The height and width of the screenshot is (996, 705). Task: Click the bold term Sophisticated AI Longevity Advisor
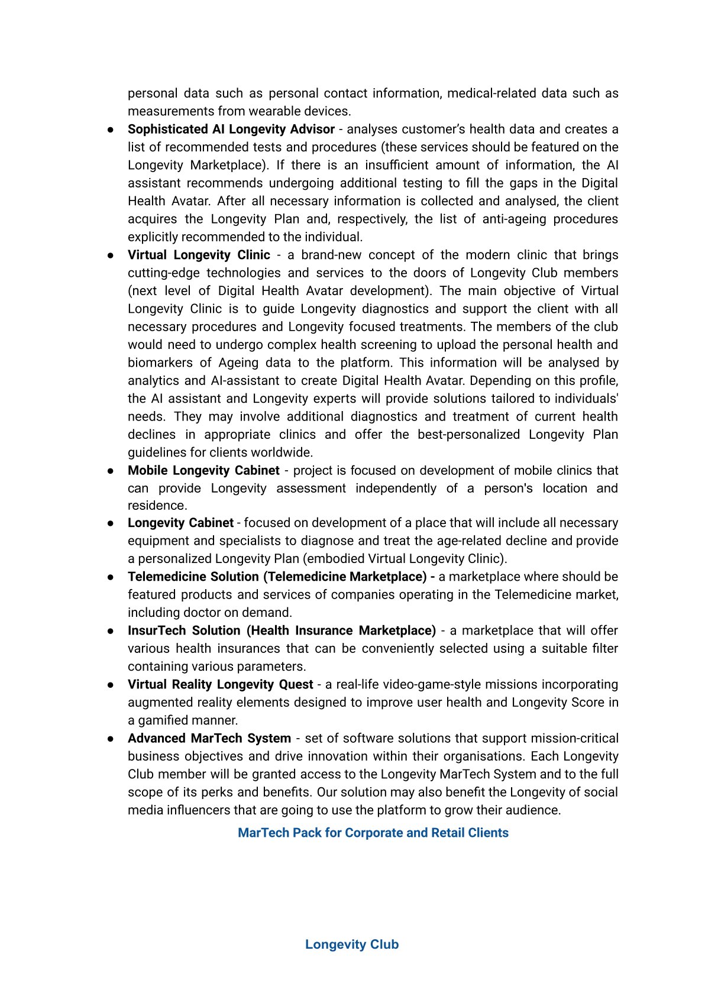(x=231, y=130)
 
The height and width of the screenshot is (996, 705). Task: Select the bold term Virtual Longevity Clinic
(x=199, y=255)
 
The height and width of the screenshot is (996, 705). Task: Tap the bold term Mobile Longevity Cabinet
(x=203, y=471)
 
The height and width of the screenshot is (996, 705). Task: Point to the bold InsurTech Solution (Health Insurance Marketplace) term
(x=282, y=630)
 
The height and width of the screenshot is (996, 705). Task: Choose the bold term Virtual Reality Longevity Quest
(x=220, y=684)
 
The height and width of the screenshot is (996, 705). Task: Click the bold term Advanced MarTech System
(x=209, y=738)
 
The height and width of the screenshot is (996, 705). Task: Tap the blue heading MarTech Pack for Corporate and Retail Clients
(x=373, y=833)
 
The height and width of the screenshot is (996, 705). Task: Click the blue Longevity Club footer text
(x=352, y=945)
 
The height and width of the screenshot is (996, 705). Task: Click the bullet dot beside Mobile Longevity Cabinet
(x=111, y=471)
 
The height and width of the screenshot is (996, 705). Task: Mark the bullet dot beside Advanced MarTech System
(x=111, y=739)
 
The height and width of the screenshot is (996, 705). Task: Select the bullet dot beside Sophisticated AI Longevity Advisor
(x=111, y=130)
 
